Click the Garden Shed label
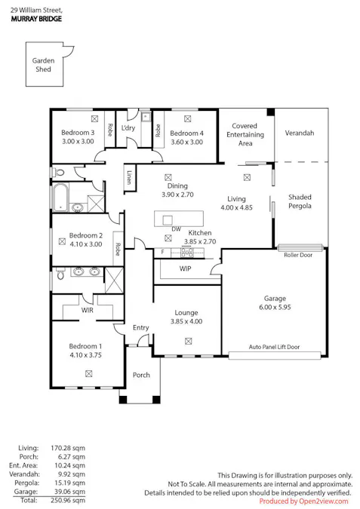click(x=42, y=65)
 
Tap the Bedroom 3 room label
click(x=77, y=133)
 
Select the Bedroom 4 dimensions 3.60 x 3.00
click(x=187, y=142)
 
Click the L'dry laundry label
click(x=128, y=128)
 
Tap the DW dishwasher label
click(x=176, y=228)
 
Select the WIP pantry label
click(x=185, y=268)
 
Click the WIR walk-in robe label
click(x=88, y=309)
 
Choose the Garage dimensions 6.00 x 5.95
click(x=274, y=307)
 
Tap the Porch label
click(x=141, y=375)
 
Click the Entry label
click(x=141, y=327)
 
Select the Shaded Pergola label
click(x=300, y=201)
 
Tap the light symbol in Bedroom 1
click(x=88, y=373)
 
